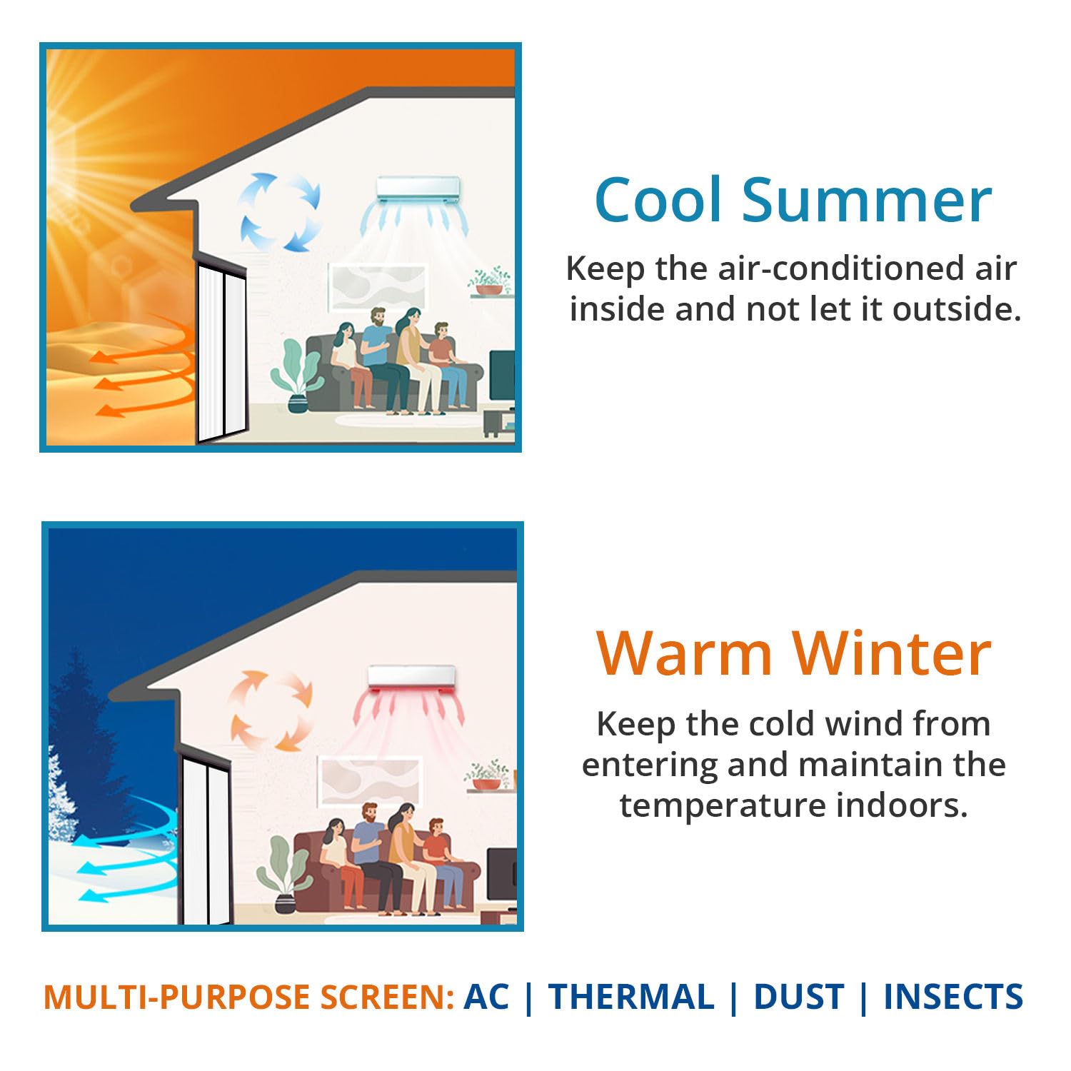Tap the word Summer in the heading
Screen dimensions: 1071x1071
(x=867, y=201)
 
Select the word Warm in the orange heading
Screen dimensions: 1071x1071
(x=685, y=654)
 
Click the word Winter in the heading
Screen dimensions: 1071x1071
(x=892, y=654)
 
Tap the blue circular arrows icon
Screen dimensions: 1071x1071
(x=279, y=212)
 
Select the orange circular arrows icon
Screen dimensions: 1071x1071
(x=271, y=710)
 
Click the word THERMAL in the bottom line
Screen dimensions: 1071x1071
(x=631, y=997)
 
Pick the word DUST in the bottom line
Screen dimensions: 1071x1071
(x=798, y=997)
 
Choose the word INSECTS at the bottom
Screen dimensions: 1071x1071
(x=953, y=997)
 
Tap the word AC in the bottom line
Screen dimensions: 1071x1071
(x=486, y=997)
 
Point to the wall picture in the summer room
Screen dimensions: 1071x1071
(x=377, y=287)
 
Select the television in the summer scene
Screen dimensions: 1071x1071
(x=502, y=376)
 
